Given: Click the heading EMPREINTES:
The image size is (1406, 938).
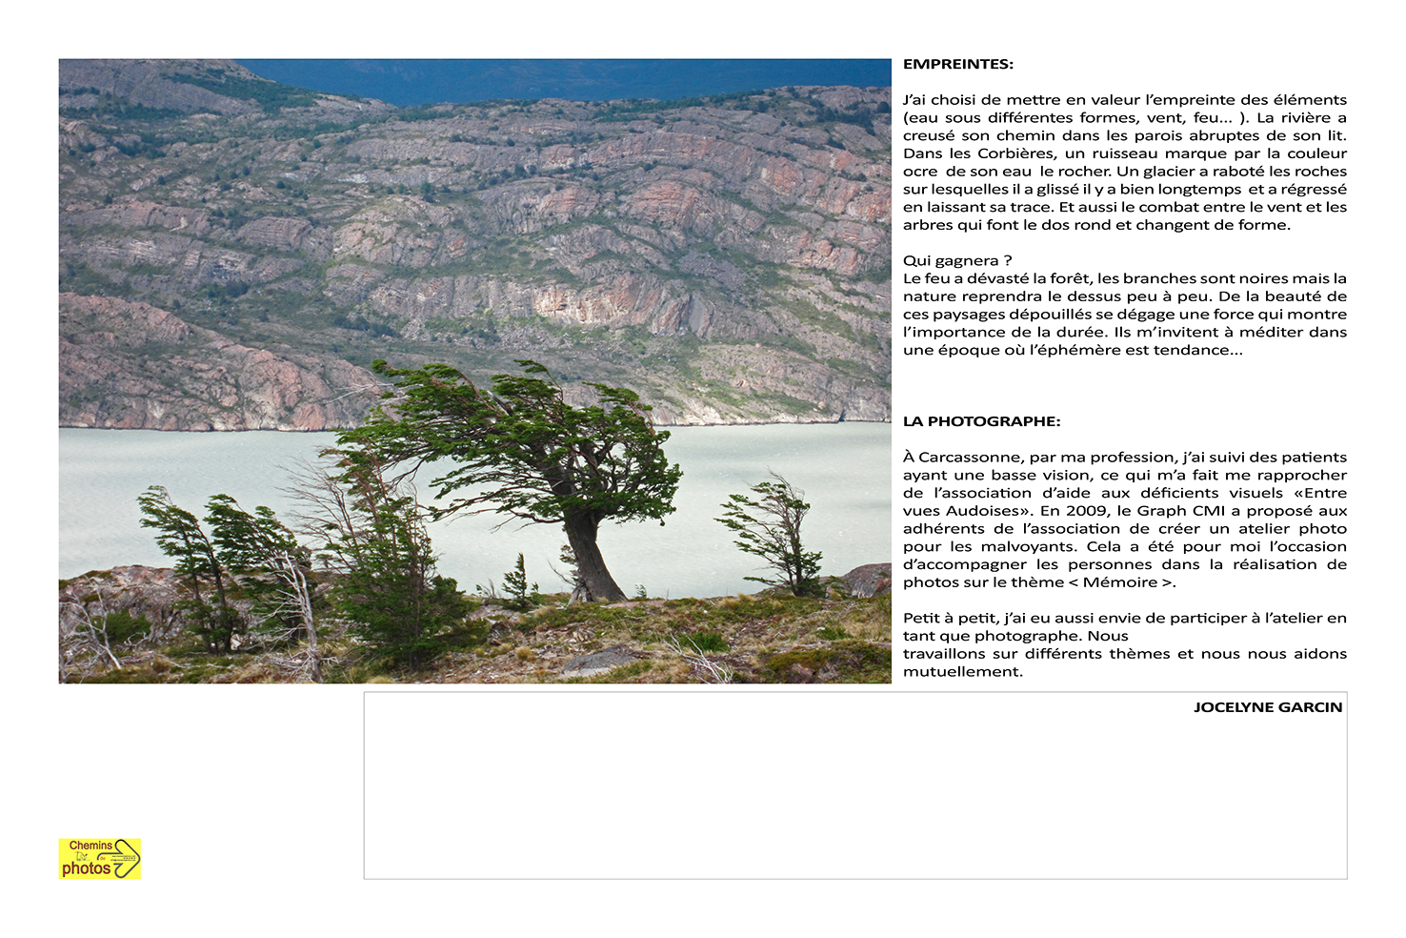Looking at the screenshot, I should coord(957,65).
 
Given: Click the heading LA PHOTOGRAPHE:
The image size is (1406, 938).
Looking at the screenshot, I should coord(981,421).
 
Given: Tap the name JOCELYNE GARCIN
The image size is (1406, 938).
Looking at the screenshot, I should coord(1267,707).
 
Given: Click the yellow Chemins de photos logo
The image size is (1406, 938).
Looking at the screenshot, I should coord(100,858).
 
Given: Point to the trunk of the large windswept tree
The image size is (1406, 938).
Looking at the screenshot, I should coord(591,562).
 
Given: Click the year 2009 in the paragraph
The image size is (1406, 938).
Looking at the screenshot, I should coord(1085,511).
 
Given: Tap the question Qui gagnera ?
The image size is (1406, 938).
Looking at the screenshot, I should coord(957,261).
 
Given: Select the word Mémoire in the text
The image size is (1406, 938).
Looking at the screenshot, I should coord(1120,582).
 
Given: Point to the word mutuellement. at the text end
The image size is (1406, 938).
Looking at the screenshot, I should coord(962,672).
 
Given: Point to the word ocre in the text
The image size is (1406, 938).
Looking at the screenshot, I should coord(920,172).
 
